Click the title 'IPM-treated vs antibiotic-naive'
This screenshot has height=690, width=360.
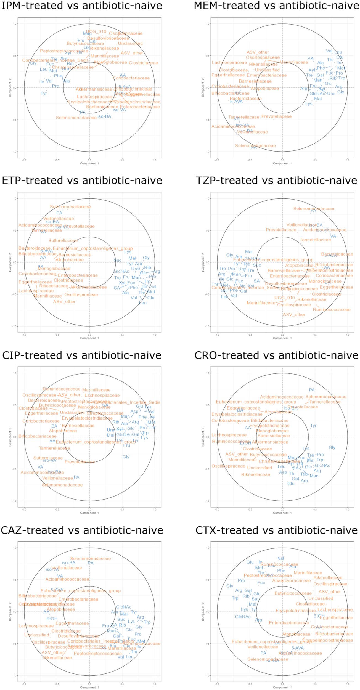pyautogui.click(x=82, y=6)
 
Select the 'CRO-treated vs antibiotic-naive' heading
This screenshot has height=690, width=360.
pyautogui.click(x=276, y=355)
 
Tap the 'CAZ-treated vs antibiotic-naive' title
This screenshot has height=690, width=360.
pyautogui.click(x=82, y=530)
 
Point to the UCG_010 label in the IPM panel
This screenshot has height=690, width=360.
pyautogui.click(x=96, y=31)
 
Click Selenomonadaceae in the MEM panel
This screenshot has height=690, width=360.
pyautogui.click(x=255, y=145)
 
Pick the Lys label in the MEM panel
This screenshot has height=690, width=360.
pyautogui.click(x=309, y=104)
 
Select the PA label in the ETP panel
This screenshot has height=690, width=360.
pyautogui.click(x=59, y=213)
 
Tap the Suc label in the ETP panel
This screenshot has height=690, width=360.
pyautogui.click(x=117, y=260)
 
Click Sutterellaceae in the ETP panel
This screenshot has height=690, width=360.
pyautogui.click(x=63, y=241)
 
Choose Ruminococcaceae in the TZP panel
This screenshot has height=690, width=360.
pyautogui.click(x=332, y=310)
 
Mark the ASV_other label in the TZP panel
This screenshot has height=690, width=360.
pyautogui.click(x=294, y=314)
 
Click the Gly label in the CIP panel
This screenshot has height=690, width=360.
pyautogui.click(x=126, y=457)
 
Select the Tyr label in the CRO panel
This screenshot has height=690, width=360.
pyautogui.click(x=313, y=426)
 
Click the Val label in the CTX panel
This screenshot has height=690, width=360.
pyautogui.click(x=281, y=558)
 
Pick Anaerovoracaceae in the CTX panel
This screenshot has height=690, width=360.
pyautogui.click(x=291, y=580)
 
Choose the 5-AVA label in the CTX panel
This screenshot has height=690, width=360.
pyautogui.click(x=297, y=648)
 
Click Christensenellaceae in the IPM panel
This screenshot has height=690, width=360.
pyautogui.click(x=73, y=67)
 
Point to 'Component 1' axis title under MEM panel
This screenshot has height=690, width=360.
pyautogui.click(x=282, y=163)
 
